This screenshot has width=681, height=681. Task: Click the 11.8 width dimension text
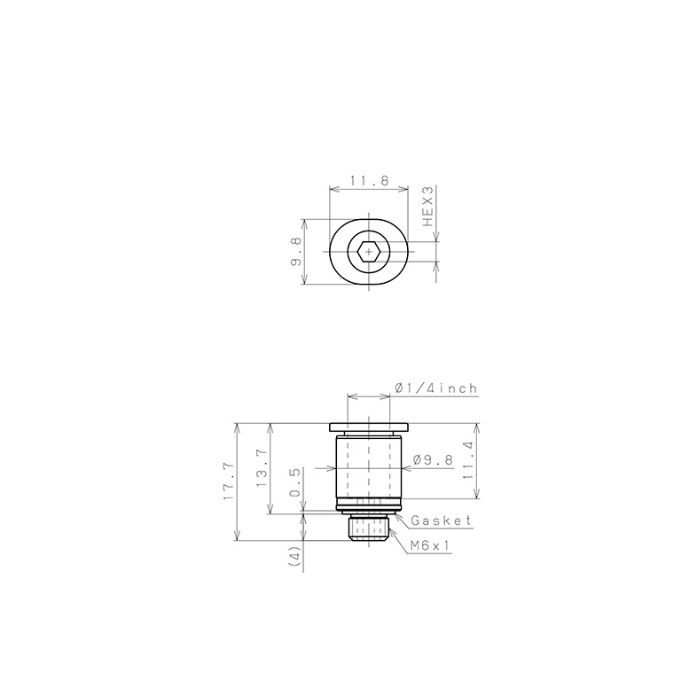click(369, 181)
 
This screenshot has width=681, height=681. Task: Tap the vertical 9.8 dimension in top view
click(296, 252)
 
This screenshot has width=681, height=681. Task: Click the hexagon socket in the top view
click(369, 253)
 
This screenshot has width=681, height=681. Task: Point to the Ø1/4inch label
click(435, 388)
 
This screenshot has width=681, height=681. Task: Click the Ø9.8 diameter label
click(434, 459)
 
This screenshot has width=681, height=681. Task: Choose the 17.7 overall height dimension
click(229, 481)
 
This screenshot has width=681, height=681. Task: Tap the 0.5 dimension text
click(295, 481)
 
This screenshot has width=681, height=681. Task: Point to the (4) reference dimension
click(296, 556)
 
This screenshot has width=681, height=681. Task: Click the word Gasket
click(441, 521)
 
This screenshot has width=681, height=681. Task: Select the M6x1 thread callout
click(431, 547)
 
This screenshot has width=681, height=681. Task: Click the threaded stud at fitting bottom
click(369, 529)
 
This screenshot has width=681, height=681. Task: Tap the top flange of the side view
click(369, 427)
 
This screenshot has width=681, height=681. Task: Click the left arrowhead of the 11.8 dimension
click(333, 189)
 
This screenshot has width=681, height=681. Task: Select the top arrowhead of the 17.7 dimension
click(237, 427)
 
